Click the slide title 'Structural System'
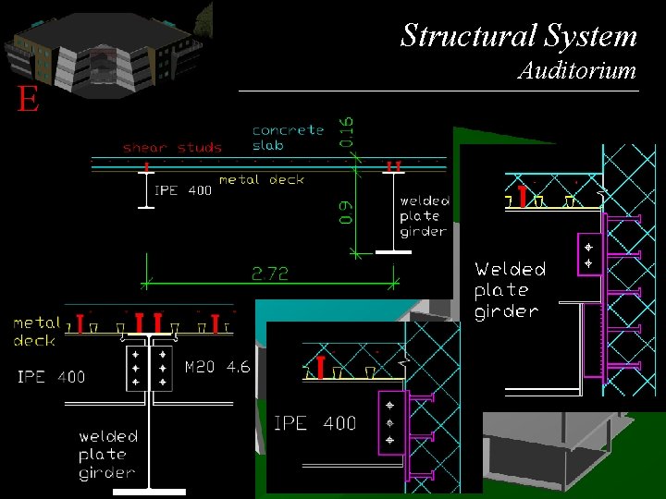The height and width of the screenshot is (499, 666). click(x=519, y=35)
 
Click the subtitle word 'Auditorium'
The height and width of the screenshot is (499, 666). click(x=577, y=70)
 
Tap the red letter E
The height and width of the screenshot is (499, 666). click(x=28, y=100)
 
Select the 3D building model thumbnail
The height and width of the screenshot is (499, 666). click(x=106, y=48)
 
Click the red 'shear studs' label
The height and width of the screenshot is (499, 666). click(x=172, y=147)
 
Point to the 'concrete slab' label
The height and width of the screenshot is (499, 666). click(x=288, y=138)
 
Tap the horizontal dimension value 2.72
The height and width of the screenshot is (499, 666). click(x=269, y=274)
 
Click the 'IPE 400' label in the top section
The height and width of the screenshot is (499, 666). click(x=183, y=190)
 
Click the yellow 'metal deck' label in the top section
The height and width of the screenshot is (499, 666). click(x=261, y=179)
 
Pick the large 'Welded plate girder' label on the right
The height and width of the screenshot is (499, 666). click(x=510, y=290)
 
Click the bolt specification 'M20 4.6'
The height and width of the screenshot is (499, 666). click(x=217, y=367)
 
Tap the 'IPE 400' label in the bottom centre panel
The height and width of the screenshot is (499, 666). click(x=314, y=423)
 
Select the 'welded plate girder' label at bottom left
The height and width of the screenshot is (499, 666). click(x=107, y=454)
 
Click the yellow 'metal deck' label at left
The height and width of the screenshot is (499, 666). click(x=35, y=332)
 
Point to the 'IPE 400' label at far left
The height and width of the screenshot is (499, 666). click(x=51, y=376)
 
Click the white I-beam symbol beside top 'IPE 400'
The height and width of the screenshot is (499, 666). click(x=146, y=189)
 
